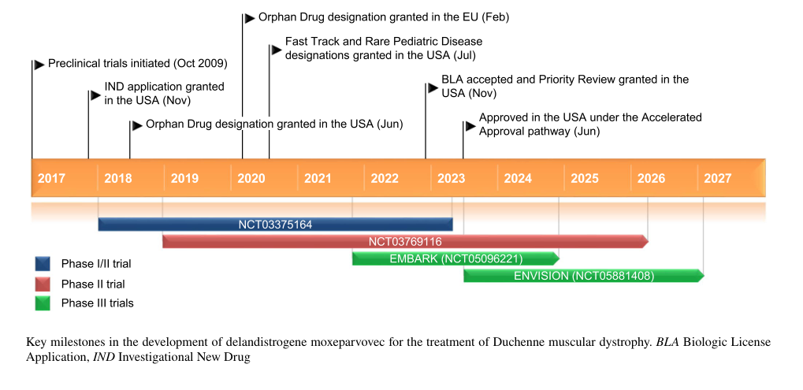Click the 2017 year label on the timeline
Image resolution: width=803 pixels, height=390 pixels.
pos(51,179)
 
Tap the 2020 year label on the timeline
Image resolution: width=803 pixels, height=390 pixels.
pos(251,179)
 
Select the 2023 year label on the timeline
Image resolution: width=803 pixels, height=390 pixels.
pos(452,179)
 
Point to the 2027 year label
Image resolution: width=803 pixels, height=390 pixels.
pos(718,179)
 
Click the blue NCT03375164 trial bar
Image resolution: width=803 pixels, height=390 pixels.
pos(275,225)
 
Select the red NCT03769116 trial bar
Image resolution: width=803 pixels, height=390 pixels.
pos(405,241)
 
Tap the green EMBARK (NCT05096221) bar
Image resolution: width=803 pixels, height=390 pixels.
pos(455,258)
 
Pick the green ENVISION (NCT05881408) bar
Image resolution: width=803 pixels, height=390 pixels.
pos(583,276)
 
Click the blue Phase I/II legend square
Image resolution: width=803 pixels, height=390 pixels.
pos(43,264)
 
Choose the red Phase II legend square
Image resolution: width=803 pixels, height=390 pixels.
pos(43,284)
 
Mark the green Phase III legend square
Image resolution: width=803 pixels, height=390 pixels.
pos(43,303)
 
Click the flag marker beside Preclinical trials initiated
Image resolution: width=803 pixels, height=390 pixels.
pos(39,64)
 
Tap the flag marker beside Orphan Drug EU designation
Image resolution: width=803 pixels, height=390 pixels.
pos(250,17)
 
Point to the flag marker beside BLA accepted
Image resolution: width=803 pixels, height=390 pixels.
pos(433,87)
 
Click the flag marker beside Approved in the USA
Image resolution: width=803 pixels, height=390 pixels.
pos(470,124)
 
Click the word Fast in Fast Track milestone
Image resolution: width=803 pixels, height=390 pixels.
pos(297,42)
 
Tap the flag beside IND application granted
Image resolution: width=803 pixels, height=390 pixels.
pos(95,95)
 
